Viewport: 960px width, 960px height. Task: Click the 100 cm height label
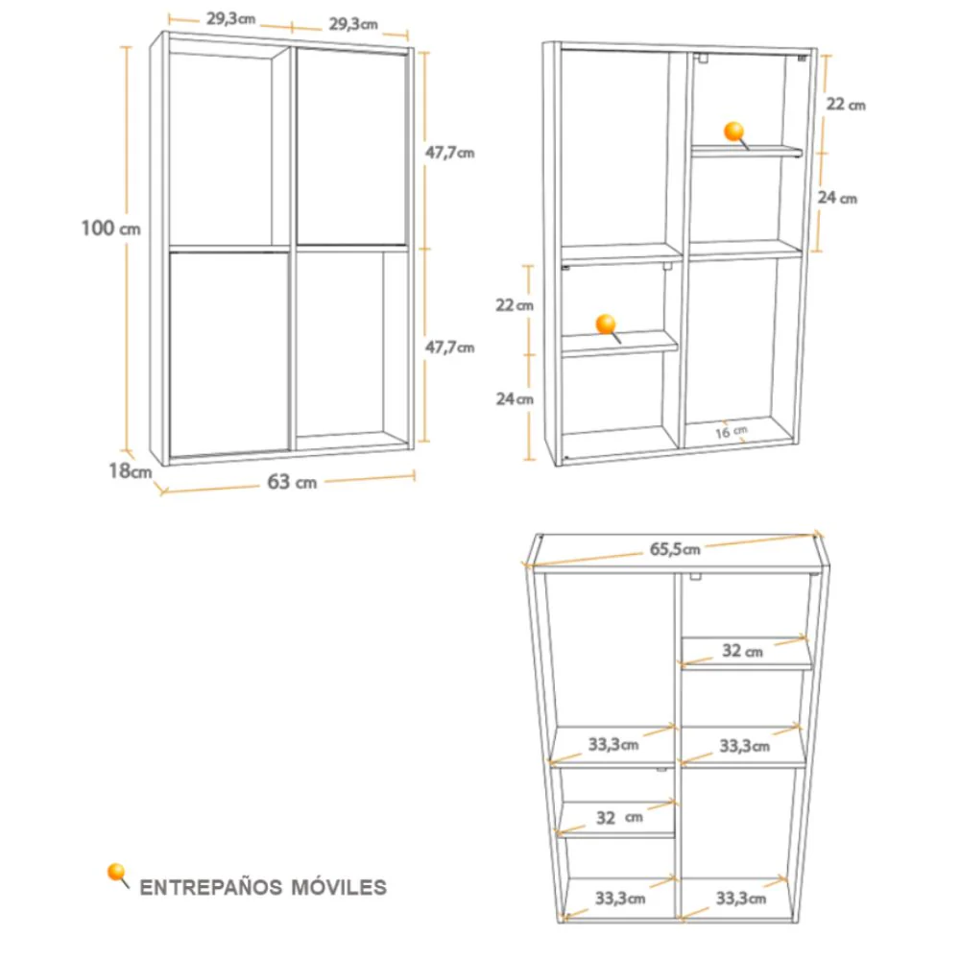pos(110,228)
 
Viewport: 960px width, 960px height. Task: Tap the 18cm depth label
pos(130,470)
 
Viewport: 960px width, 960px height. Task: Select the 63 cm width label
pos(292,482)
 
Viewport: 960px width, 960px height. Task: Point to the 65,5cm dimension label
pos(675,549)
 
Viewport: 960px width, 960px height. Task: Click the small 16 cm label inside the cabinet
pos(732,432)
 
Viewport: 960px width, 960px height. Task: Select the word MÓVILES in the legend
pos(339,887)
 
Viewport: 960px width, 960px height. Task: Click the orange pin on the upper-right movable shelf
pos(734,134)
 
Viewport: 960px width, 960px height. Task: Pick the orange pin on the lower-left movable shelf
pos(607,326)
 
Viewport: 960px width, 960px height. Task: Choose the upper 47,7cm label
pos(450,152)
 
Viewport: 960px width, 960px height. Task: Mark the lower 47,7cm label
pos(450,348)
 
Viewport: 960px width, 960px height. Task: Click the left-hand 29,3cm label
pos(230,19)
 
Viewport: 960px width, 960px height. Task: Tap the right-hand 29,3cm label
pos(353,25)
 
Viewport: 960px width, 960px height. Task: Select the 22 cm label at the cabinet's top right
pos(846,104)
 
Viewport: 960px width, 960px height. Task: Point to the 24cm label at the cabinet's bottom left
pos(515,399)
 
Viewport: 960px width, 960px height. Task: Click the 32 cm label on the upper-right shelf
pos(743,650)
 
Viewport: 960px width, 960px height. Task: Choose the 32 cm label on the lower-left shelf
pos(619,817)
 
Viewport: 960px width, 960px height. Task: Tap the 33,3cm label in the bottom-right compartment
pos(741,899)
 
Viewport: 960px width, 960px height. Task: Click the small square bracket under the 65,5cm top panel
pos(695,576)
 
